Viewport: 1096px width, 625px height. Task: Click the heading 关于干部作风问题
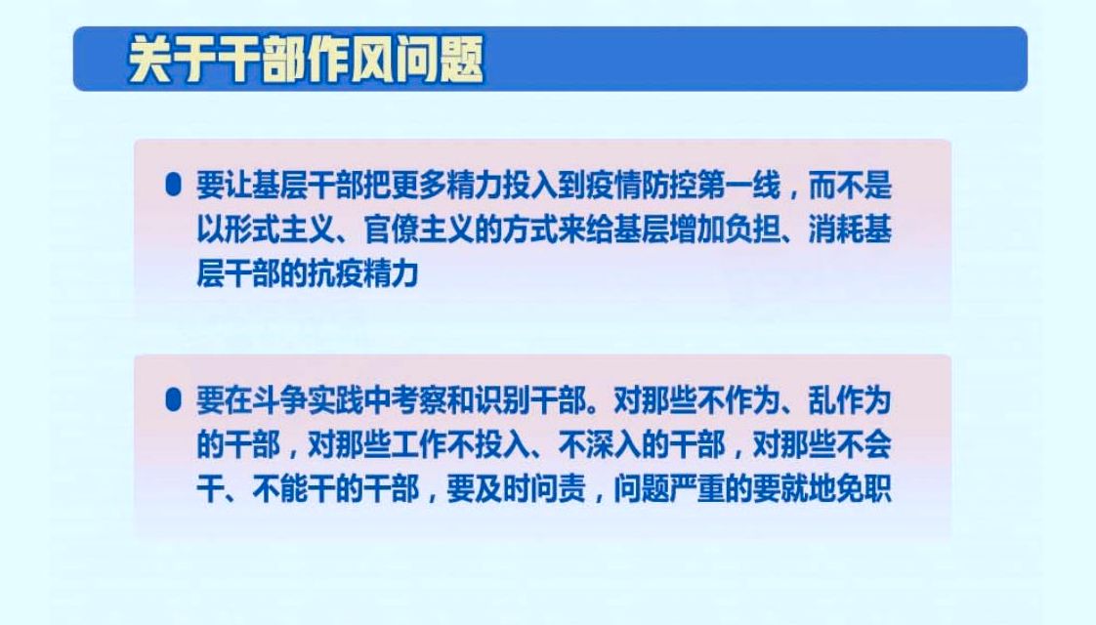(306, 60)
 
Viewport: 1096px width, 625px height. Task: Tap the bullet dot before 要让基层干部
(173, 186)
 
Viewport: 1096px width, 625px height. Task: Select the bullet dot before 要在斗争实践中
(173, 399)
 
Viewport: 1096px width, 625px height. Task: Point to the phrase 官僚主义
(419, 229)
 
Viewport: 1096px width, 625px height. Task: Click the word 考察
(419, 400)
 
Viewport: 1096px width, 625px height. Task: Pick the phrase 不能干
(294, 488)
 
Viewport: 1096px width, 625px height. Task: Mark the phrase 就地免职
(836, 488)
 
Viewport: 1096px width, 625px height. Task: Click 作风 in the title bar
(350, 60)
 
